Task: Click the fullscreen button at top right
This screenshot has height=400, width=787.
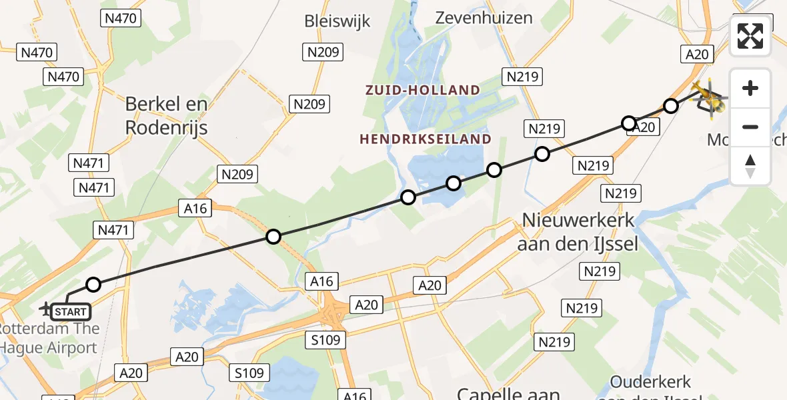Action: pos(750,35)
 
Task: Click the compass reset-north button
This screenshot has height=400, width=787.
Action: pos(750,166)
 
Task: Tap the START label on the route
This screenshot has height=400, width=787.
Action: pos(69,311)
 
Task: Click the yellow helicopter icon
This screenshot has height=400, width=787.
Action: pos(710,99)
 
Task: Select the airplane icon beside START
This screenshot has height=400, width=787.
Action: pos(46,309)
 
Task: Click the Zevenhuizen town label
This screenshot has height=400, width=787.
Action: pos(484,18)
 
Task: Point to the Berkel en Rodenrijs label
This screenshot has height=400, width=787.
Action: pos(167,115)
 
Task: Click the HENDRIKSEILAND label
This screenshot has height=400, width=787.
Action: pos(426,139)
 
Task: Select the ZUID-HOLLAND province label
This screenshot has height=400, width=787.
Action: pos(422,90)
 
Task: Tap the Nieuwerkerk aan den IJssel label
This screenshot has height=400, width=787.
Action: pos(578,231)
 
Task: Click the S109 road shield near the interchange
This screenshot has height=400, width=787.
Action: pos(325,340)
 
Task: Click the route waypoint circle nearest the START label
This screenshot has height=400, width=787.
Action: pos(93,285)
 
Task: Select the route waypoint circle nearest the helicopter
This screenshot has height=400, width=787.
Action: pos(671,106)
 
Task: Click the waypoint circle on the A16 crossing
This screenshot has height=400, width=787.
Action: pos(273,236)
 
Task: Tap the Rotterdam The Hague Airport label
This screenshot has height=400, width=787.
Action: pos(50,338)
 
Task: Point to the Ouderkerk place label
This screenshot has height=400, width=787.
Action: pos(650,383)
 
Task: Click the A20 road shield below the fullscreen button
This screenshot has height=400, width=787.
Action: pos(696,54)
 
